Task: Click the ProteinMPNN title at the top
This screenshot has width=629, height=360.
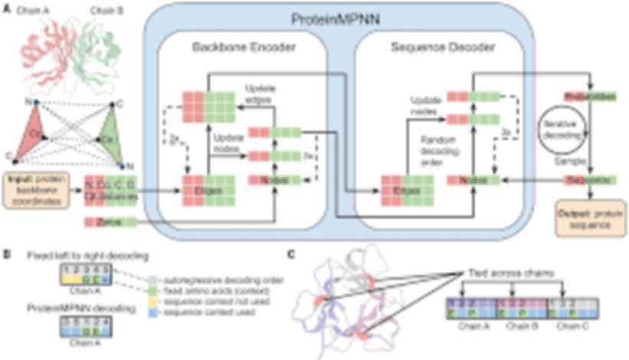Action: click(x=336, y=17)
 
